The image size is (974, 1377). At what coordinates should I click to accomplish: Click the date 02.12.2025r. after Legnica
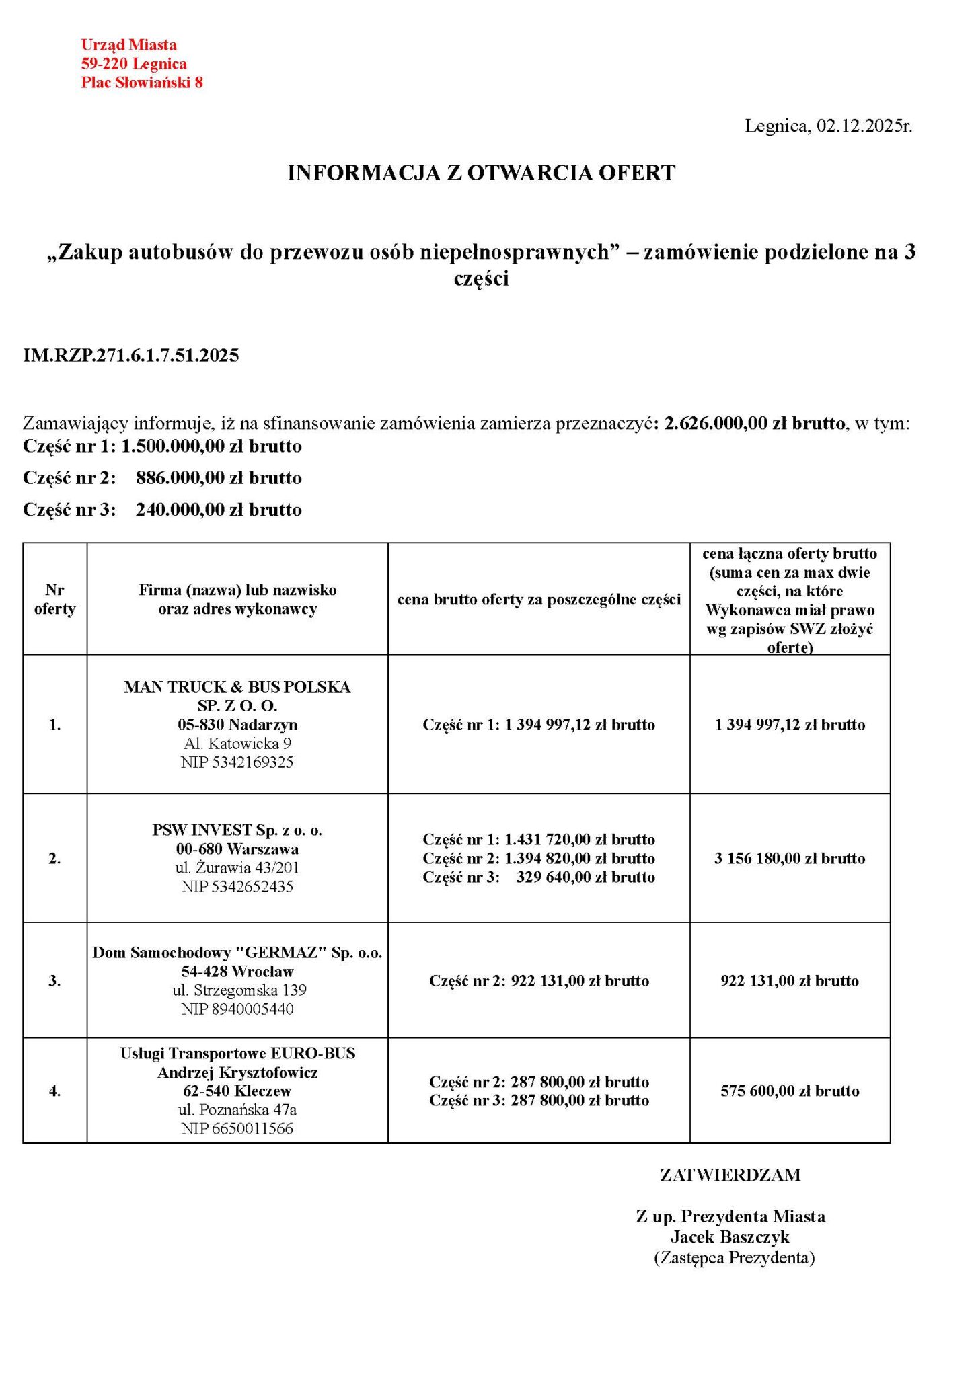pyautogui.click(x=864, y=126)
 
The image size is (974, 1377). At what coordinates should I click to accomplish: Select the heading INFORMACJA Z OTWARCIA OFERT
pyautogui.click(x=481, y=173)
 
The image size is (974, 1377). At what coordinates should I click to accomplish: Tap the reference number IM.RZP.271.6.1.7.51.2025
pyautogui.click(x=131, y=355)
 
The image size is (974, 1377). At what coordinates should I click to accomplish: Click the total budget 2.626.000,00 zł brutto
pyautogui.click(x=754, y=423)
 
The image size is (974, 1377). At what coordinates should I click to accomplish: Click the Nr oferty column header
pyautogui.click(x=55, y=599)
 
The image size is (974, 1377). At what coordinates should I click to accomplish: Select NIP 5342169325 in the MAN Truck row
pyautogui.click(x=237, y=762)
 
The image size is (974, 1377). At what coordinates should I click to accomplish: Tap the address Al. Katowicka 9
pyautogui.click(x=237, y=744)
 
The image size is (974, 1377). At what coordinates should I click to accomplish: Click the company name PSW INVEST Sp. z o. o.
pyautogui.click(x=237, y=830)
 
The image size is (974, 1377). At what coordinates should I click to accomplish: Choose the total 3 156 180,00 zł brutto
pyautogui.click(x=790, y=858)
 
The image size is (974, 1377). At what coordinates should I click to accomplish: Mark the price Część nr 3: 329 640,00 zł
pyautogui.click(x=539, y=877)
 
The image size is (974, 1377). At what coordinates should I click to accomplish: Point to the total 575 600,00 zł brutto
pyautogui.click(x=790, y=1091)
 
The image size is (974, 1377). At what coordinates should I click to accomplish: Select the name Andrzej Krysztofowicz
pyautogui.click(x=237, y=1072)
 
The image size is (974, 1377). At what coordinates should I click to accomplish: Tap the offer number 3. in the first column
pyautogui.click(x=55, y=981)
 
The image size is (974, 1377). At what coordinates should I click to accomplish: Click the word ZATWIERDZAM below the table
pyautogui.click(x=730, y=1175)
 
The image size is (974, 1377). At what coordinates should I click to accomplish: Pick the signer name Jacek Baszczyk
pyautogui.click(x=730, y=1236)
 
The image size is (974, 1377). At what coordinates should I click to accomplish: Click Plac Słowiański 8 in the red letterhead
pyautogui.click(x=142, y=83)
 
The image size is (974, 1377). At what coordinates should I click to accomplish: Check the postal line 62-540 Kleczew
pyautogui.click(x=237, y=1091)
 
